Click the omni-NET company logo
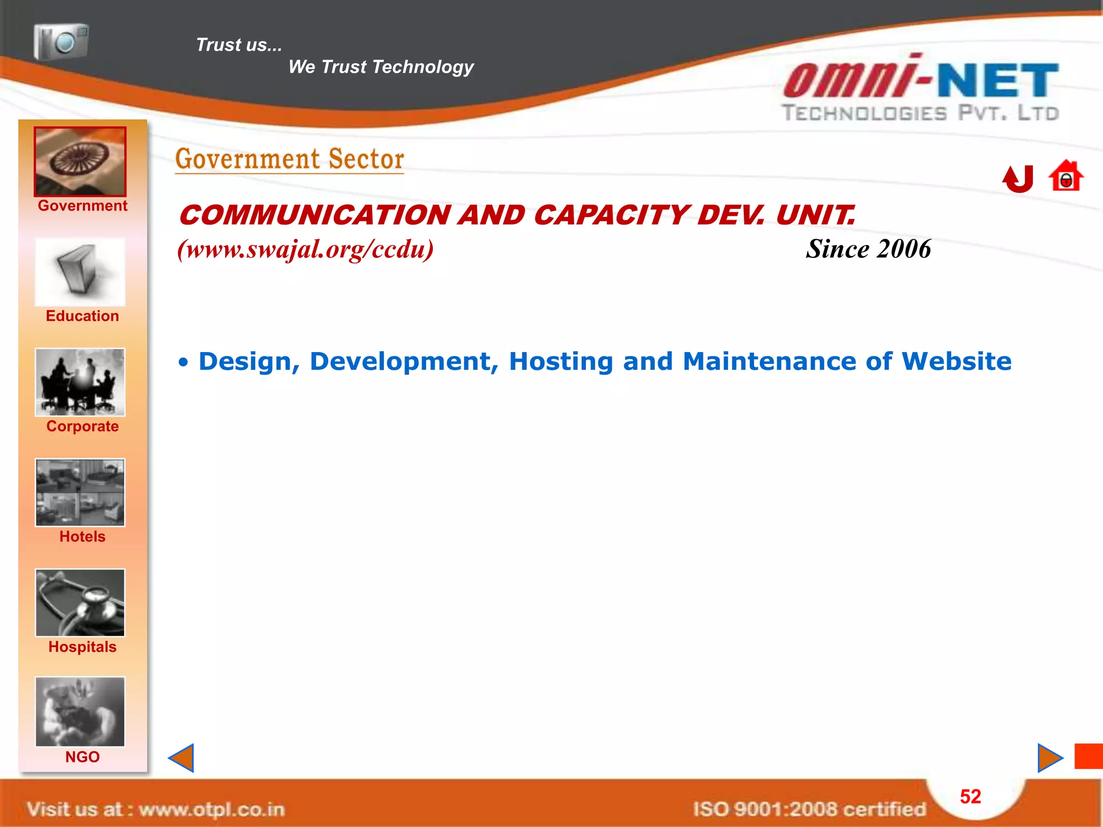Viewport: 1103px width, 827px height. (921, 89)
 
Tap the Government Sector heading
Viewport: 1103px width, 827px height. (290, 159)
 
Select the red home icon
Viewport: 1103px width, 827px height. (1066, 177)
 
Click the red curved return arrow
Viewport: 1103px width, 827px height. (1018, 179)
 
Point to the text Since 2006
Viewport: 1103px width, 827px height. (868, 249)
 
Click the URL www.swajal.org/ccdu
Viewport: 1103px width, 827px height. (305, 249)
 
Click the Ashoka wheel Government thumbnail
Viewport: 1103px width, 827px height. (80, 162)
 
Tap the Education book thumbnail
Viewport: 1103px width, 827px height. (80, 272)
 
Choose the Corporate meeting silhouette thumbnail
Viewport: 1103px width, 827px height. (80, 382)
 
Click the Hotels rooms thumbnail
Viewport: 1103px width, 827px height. (80, 493)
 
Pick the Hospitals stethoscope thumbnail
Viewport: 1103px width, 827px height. (80, 602)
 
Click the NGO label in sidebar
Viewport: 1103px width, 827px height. (82, 757)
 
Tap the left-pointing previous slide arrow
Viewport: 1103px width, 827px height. (181, 758)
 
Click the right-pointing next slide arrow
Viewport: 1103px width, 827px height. (1050, 758)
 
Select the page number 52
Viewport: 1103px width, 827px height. (971, 797)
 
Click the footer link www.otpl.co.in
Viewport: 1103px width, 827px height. (211, 810)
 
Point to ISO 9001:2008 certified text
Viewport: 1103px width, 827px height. (809, 809)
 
